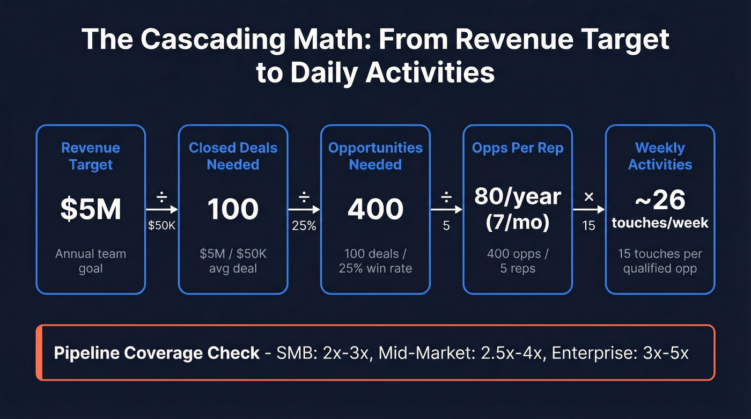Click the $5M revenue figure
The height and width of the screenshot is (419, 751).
pyautogui.click(x=91, y=209)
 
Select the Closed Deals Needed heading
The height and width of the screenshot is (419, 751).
pyautogui.click(x=233, y=156)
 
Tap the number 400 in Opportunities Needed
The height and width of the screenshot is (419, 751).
pyautogui.click(x=375, y=209)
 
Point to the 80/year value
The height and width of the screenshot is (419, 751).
pyautogui.click(x=517, y=197)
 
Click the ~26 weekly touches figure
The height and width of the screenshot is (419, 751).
pyautogui.click(x=660, y=200)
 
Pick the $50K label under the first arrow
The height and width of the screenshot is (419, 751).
pyautogui.click(x=161, y=226)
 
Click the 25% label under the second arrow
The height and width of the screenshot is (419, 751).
pyautogui.click(x=304, y=226)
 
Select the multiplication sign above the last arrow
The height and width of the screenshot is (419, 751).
pyautogui.click(x=588, y=197)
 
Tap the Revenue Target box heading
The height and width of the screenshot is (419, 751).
pyautogui.click(x=91, y=156)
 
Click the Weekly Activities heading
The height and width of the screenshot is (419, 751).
pyautogui.click(x=660, y=156)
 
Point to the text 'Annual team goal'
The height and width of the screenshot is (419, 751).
pyautogui.click(x=91, y=261)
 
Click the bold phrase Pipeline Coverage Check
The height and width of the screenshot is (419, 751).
pyautogui.click(x=157, y=353)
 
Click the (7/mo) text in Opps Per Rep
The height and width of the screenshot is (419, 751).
pyautogui.click(x=517, y=222)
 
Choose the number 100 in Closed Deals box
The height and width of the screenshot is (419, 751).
pyautogui.click(x=233, y=209)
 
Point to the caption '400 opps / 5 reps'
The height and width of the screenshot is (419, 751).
pyautogui.click(x=517, y=261)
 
